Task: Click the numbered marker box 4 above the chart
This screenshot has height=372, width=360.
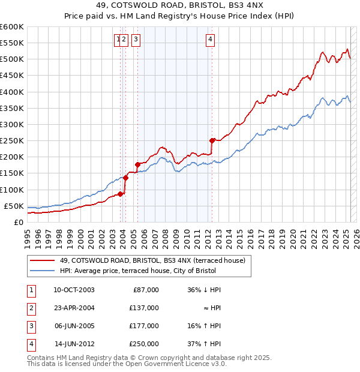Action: point(211,40)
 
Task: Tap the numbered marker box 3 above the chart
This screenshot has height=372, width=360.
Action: point(136,40)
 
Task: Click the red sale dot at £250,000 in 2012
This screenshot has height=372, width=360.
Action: point(212,140)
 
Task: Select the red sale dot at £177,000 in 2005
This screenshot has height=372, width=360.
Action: point(137,164)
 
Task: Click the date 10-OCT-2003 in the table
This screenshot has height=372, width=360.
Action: point(74,290)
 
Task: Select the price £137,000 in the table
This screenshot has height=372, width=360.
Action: point(145,308)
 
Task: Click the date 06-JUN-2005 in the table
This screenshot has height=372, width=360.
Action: point(74,326)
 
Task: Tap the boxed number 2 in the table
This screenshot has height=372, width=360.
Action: point(30,308)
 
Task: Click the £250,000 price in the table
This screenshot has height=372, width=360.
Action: point(145,344)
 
